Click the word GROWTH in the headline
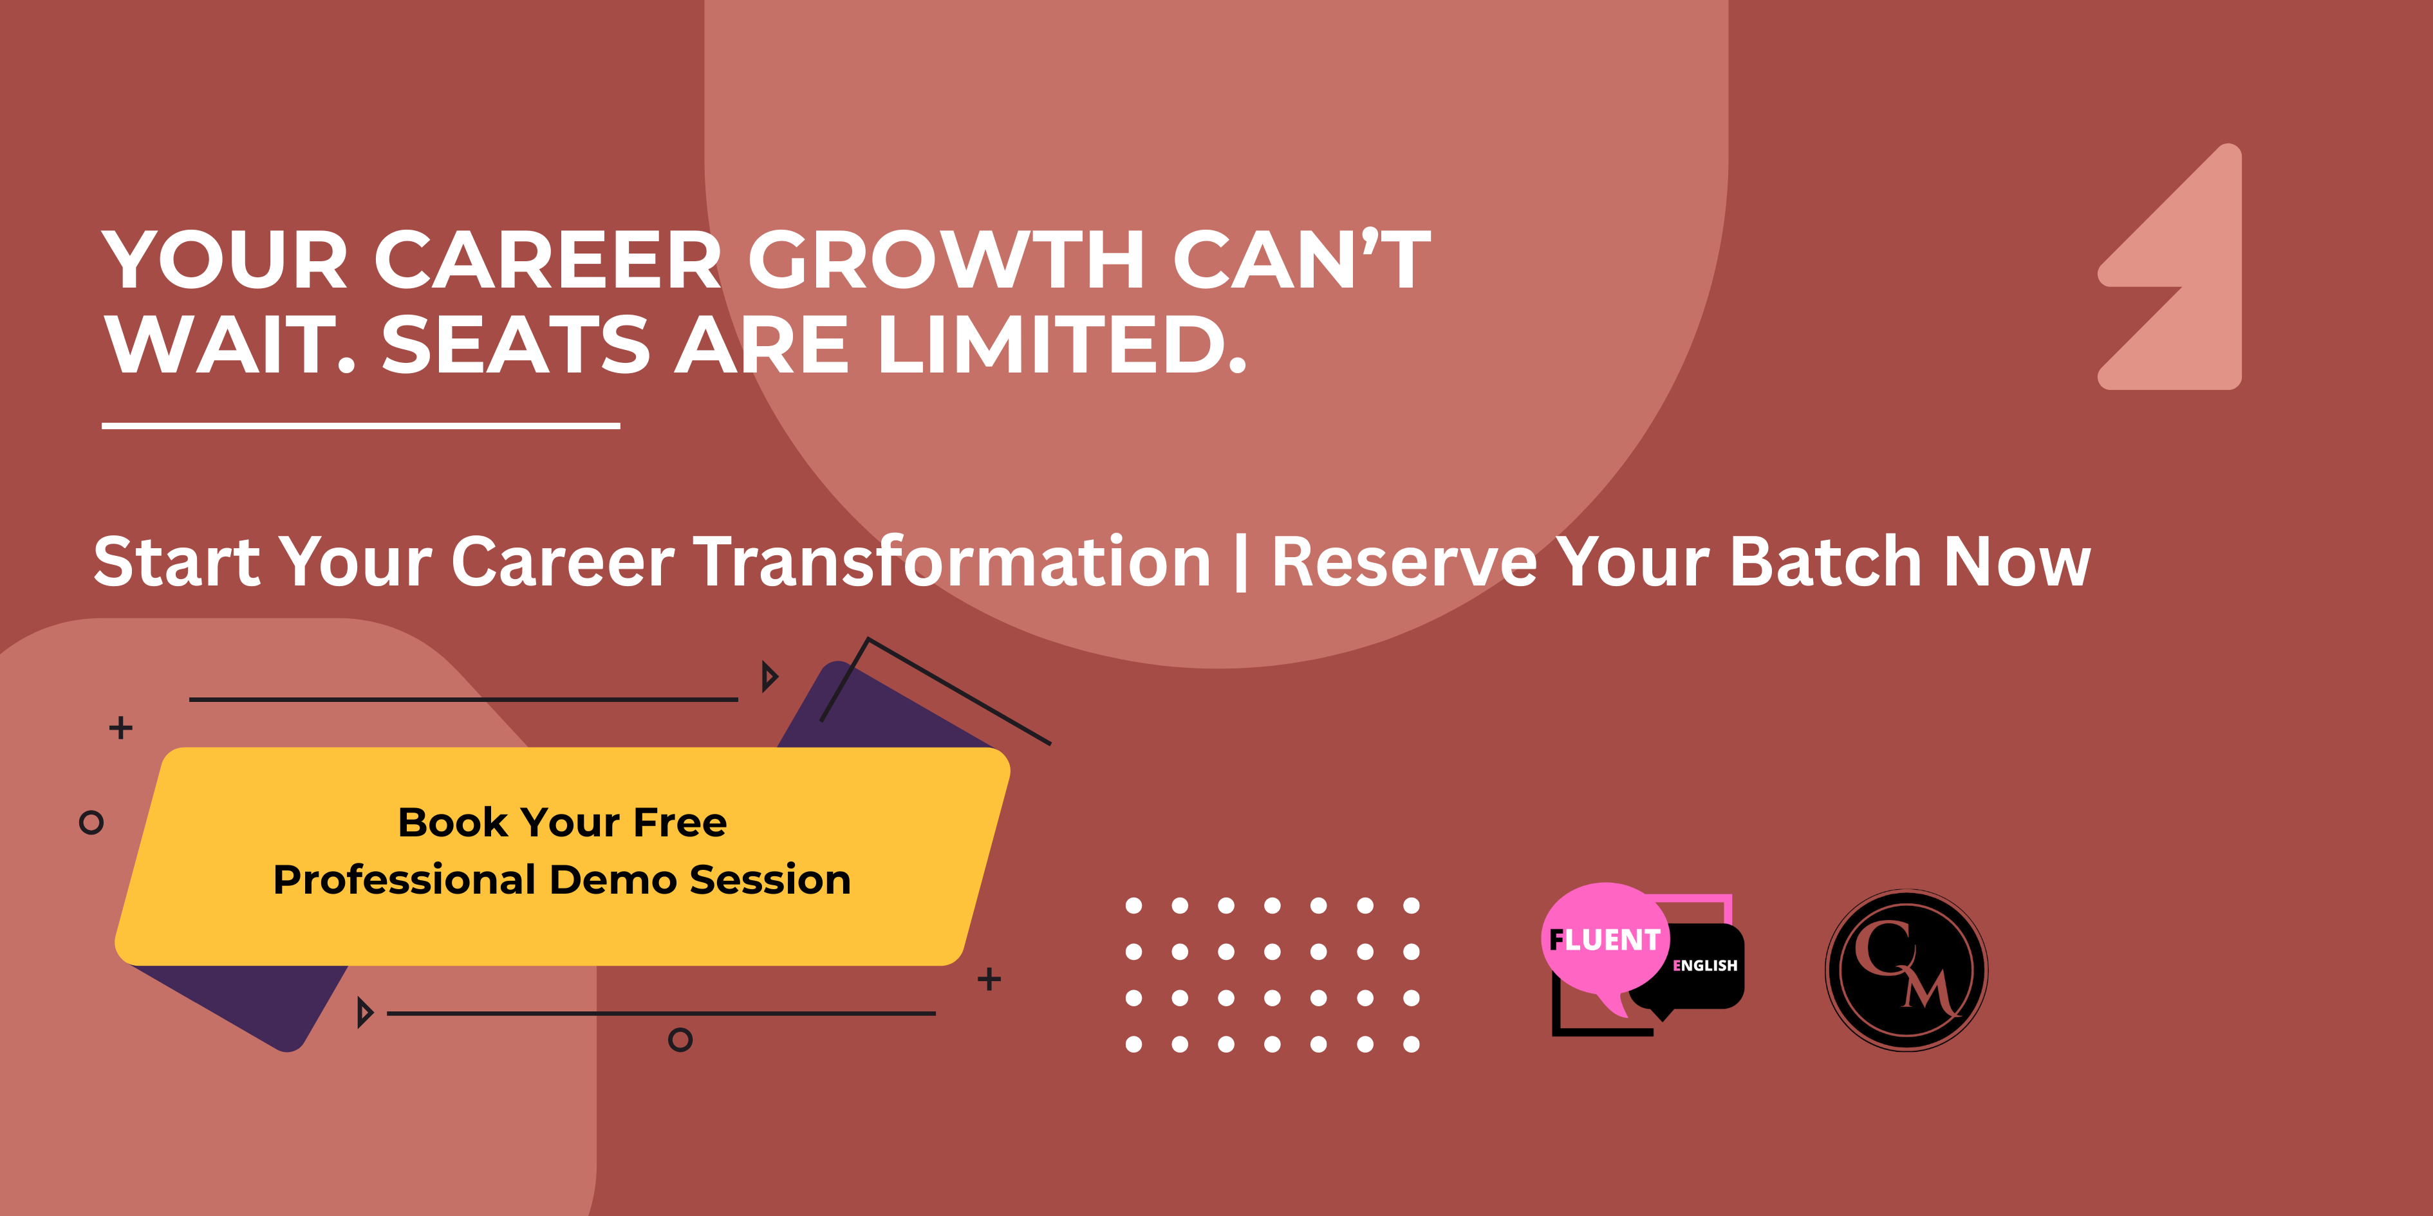[947, 260]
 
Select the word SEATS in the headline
[516, 345]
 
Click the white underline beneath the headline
[361, 426]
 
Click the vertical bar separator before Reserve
[1241, 564]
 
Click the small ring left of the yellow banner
[91, 822]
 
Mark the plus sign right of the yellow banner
[989, 979]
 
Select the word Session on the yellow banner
[770, 880]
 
